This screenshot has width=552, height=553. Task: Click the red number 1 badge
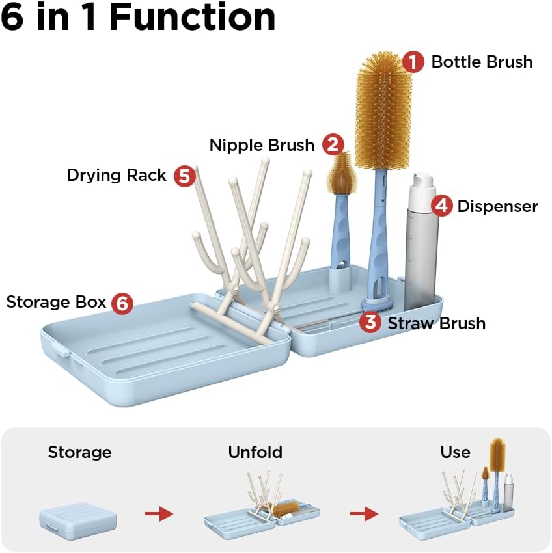[413, 62]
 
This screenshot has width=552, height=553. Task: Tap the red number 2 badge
[333, 144]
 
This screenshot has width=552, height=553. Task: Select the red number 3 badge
[370, 322]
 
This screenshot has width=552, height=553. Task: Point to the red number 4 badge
[441, 206]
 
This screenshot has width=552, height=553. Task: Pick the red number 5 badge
[185, 176]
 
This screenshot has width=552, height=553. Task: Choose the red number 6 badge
[122, 303]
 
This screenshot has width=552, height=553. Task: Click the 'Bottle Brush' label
[482, 62]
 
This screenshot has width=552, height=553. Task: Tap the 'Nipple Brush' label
[262, 145]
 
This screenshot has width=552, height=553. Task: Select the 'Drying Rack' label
[117, 175]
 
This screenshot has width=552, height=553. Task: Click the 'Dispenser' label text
[498, 206]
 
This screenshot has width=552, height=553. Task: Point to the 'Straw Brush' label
[437, 323]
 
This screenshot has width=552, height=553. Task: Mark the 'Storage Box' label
[56, 303]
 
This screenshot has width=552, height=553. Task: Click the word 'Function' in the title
[192, 18]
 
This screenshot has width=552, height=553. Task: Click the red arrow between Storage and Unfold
[159, 514]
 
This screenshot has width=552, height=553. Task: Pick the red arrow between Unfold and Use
[365, 514]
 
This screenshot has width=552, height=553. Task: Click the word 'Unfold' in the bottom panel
[255, 452]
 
